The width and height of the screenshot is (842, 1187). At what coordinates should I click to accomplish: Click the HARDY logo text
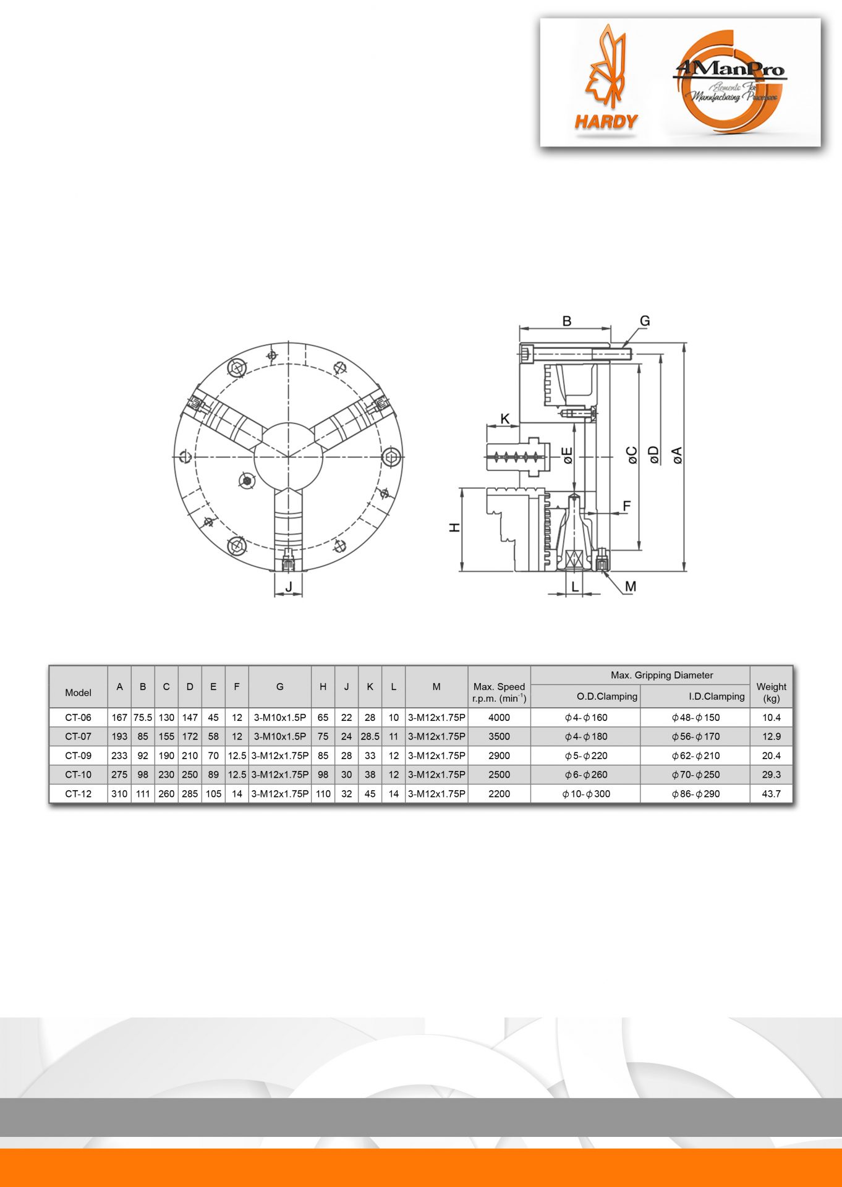click(606, 122)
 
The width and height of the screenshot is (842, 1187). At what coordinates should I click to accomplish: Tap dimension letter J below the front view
click(289, 586)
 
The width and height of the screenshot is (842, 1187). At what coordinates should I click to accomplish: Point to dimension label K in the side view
click(505, 419)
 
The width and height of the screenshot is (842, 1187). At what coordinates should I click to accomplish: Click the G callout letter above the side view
click(645, 321)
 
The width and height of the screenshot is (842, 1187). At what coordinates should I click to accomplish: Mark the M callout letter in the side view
click(630, 586)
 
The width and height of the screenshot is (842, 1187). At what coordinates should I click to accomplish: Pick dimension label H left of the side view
click(454, 528)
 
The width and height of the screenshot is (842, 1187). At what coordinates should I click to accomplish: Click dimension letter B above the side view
click(566, 321)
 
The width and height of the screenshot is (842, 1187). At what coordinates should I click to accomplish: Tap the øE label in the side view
click(567, 456)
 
